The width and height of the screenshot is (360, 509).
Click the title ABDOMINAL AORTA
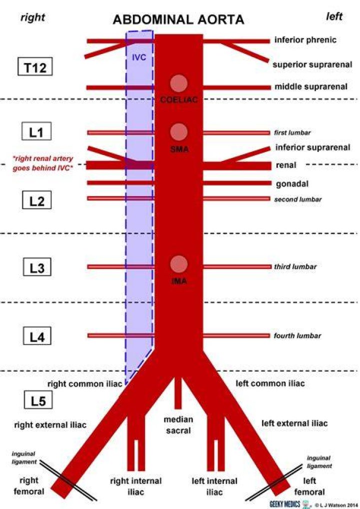178,19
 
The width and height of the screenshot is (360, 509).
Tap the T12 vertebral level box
34,67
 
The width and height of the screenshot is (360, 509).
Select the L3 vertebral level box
37,267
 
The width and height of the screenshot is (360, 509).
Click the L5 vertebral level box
38,400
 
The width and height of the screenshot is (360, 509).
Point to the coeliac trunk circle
178,83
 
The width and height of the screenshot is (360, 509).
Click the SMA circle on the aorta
179,132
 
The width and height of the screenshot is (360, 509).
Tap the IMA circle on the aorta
179,264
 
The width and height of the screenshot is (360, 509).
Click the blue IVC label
139,57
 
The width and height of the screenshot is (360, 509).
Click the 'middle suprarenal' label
311,86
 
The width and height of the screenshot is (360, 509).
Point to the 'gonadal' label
292,184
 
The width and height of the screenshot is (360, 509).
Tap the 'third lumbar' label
295,266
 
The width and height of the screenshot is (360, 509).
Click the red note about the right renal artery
43,163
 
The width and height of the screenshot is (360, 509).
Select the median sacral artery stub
178,393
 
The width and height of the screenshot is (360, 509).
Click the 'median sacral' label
178,425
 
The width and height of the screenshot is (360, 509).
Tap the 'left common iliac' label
270,383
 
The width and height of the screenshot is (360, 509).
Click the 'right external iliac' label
50,424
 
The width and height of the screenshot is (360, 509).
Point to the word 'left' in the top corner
334,16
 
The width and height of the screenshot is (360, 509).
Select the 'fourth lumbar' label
297,335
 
